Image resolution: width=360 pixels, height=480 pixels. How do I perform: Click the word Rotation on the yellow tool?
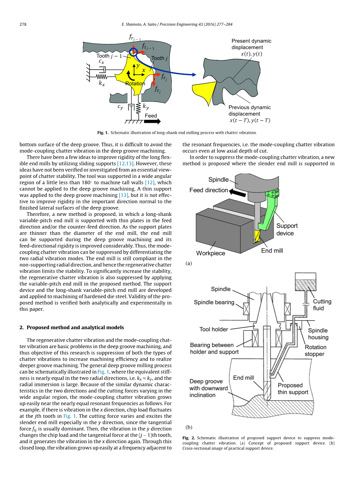pos(135,84)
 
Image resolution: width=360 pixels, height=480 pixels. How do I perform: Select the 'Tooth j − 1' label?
pos(109,56)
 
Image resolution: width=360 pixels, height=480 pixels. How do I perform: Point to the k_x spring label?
pos(101,83)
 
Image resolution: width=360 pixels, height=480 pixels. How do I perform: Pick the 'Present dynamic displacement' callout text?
pos(252,47)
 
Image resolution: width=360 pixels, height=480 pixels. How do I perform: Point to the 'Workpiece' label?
pos(211,253)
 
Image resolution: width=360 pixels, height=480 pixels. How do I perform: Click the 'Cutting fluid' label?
pos(322,305)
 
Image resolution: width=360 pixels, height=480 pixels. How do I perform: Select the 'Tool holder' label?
pos(213,329)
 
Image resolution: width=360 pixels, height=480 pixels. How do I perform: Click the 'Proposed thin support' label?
pos(293,389)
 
